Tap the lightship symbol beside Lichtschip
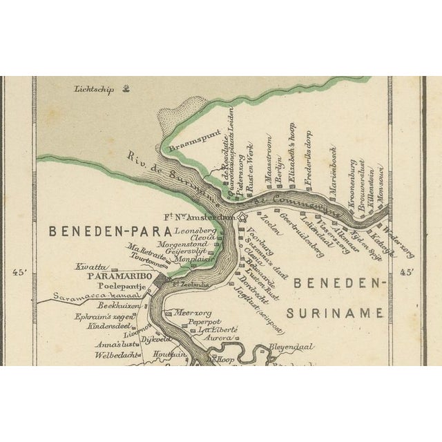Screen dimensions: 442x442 (126, 88)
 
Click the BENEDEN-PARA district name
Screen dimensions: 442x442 (100, 231)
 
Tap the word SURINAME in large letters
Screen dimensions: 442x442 (334, 313)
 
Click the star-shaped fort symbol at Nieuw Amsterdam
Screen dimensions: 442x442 (242, 218)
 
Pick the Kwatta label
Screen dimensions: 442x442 (91, 265)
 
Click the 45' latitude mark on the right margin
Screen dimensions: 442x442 (407, 272)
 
